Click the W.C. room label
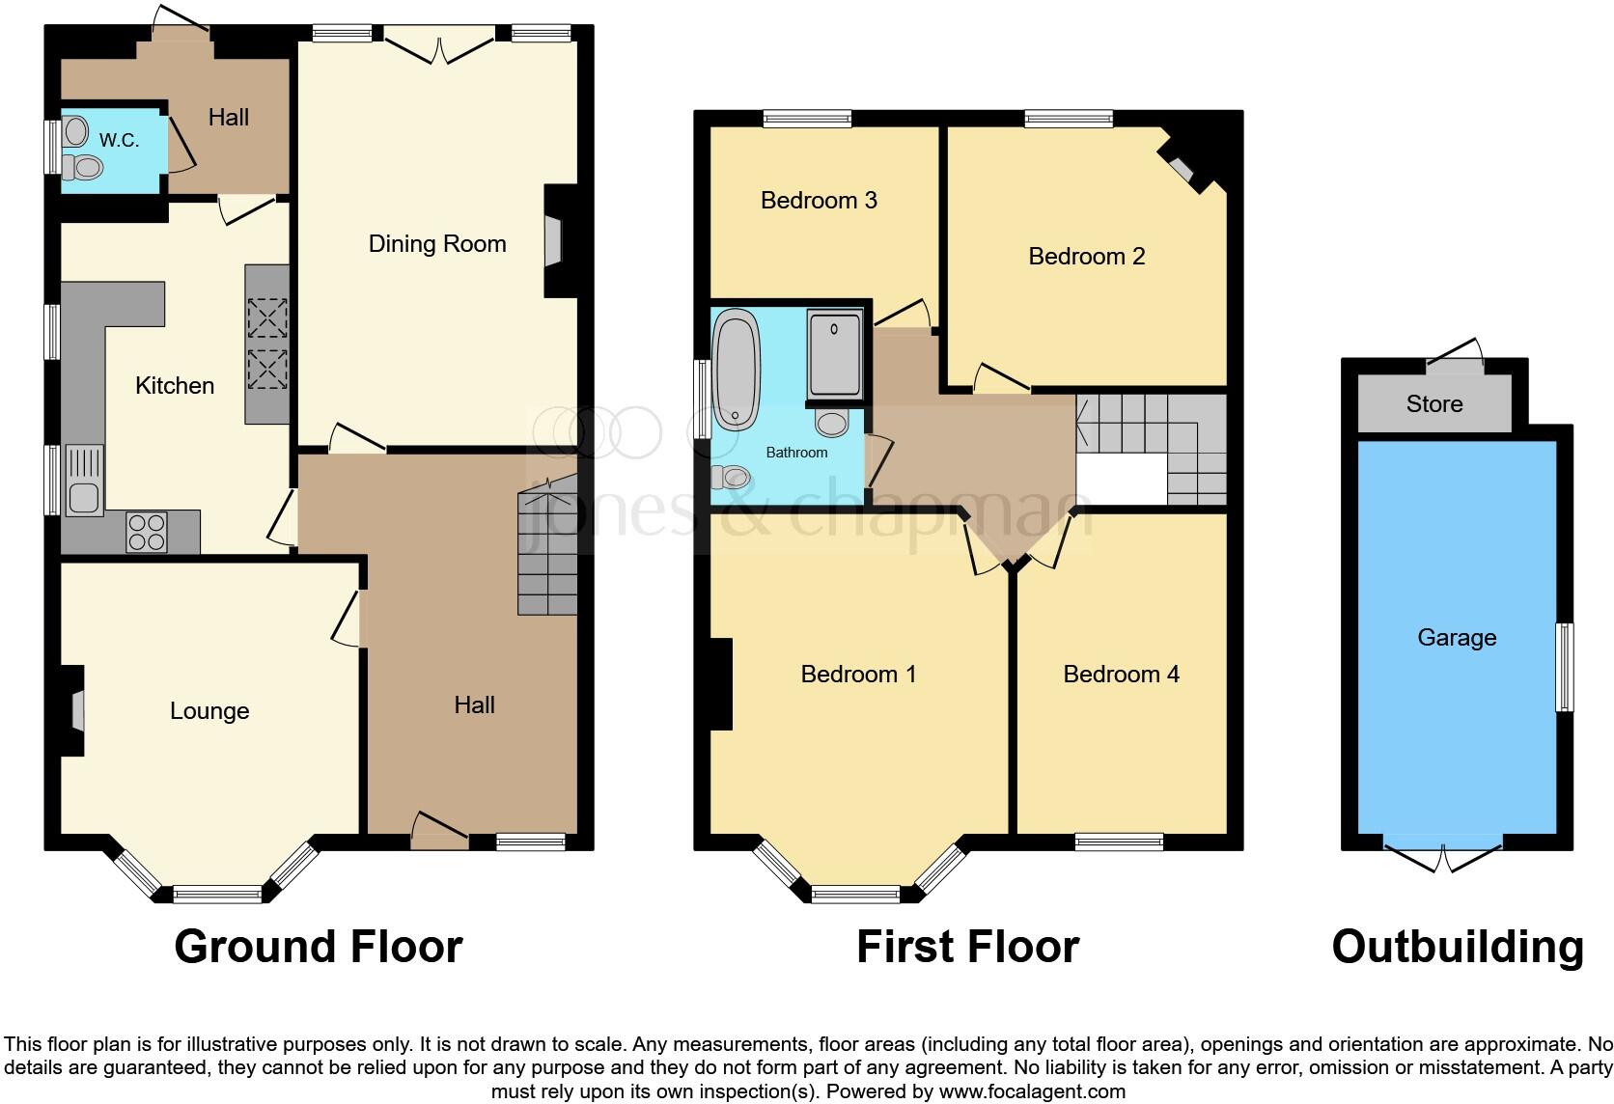coord(119,141)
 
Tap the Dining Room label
coord(437,244)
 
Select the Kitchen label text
coord(175,386)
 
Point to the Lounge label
coord(209,711)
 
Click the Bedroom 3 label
coord(819,201)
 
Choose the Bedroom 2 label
coord(1086,257)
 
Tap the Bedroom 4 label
coord(1121,675)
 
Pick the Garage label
coord(1457,638)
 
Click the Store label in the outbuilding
coord(1433,404)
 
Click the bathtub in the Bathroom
coord(737,368)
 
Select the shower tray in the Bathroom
coord(834,353)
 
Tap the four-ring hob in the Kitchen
coord(147,532)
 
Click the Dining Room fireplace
coord(552,240)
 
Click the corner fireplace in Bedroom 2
coord(1182,169)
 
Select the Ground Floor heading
coord(319,947)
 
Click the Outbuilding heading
coord(1457,947)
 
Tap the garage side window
coord(1564,668)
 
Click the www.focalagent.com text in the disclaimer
coord(1032,1092)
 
